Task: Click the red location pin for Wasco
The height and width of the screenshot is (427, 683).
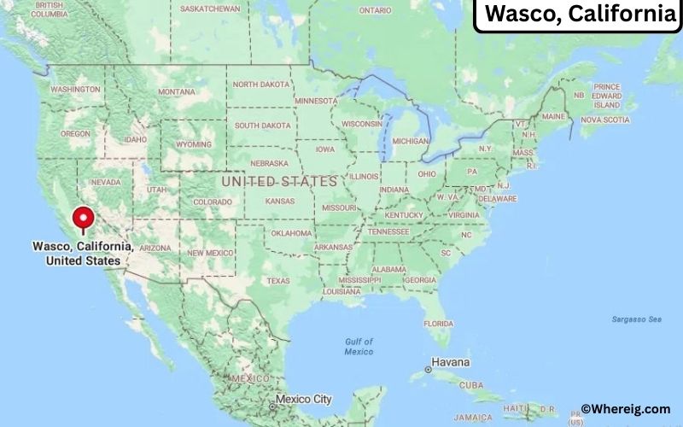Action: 83,218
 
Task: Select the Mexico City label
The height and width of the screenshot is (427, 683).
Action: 310,399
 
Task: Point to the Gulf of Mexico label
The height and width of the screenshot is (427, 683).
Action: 359,346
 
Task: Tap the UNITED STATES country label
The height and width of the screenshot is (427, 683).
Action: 279,181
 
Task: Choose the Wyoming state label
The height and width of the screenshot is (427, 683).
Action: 194,144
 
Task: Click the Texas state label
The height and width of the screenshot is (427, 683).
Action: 277,280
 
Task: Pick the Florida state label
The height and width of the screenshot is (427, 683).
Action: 439,324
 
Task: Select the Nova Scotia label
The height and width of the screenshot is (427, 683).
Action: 604,120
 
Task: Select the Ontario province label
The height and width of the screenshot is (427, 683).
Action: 375,10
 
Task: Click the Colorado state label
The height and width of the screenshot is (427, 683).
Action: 212,202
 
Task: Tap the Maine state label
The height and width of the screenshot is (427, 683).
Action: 554,116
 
